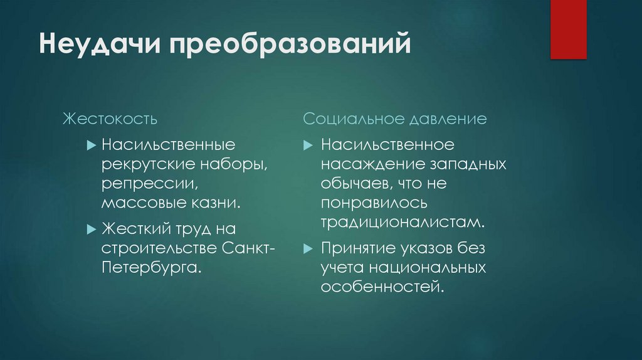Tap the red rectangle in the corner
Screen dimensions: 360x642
[568, 29]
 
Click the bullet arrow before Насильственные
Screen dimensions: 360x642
[91, 146]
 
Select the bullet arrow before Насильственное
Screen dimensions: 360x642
[307, 146]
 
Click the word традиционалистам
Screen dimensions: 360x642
[403, 223]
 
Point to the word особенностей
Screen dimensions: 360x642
[382, 287]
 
